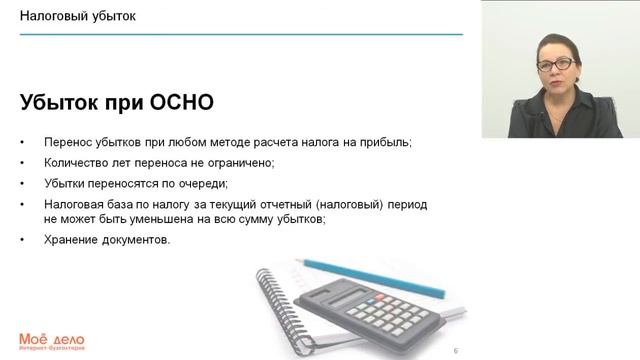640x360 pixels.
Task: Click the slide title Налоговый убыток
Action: pyautogui.click(x=79, y=17)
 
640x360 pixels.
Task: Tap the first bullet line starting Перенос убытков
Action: pyautogui.click(x=227, y=142)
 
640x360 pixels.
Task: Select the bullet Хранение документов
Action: pyautogui.click(x=107, y=239)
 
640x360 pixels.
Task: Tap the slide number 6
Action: pyautogui.click(x=455, y=351)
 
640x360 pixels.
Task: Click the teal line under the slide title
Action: pyautogui.click(x=240, y=34)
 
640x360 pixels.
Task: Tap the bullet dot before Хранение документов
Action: pyautogui.click(x=23, y=240)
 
